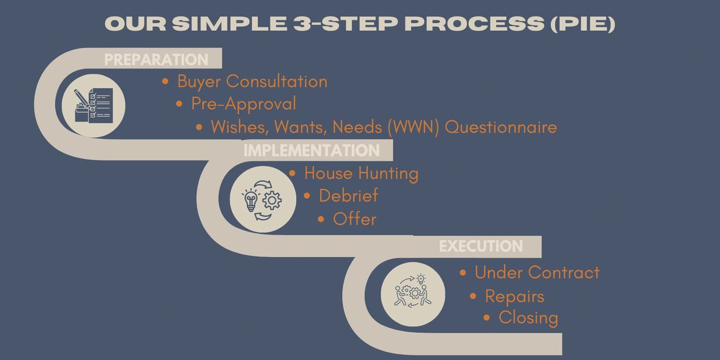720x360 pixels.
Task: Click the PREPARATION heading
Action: (x=156, y=59)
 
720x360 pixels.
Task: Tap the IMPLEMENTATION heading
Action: (x=311, y=150)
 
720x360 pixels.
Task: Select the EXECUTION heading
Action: (x=481, y=246)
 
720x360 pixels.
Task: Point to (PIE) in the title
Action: (x=583, y=23)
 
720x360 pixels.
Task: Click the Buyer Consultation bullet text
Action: (x=253, y=82)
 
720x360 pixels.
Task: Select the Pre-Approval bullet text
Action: (x=244, y=104)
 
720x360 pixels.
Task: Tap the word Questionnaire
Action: (x=501, y=127)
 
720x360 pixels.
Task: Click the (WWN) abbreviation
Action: (x=413, y=127)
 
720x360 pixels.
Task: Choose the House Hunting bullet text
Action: (x=361, y=174)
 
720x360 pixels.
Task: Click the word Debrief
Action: (x=348, y=196)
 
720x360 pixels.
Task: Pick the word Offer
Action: (x=355, y=219)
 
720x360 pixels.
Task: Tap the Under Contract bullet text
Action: (x=537, y=272)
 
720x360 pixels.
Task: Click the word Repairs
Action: (x=514, y=296)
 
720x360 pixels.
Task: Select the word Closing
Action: (x=528, y=318)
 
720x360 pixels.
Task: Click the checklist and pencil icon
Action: (x=93, y=106)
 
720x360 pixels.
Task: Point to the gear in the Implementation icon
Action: (x=272, y=200)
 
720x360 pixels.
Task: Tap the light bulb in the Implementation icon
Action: (x=251, y=200)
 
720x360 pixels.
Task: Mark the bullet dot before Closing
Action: (x=487, y=318)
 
